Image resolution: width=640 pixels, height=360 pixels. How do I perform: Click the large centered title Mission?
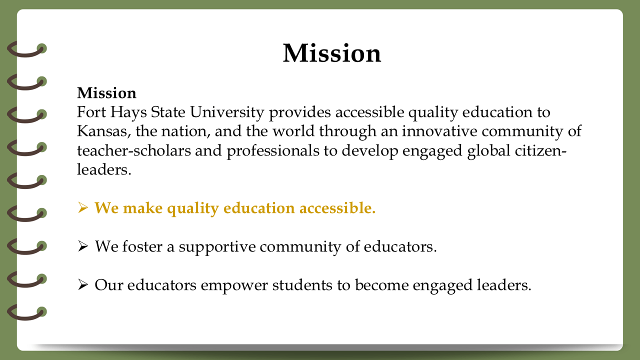[x=332, y=53]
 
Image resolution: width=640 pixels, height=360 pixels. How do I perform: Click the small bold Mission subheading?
[x=106, y=93]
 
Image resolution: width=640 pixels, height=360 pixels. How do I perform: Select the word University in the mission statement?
[x=227, y=112]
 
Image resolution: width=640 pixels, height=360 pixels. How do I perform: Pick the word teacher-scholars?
[x=134, y=150]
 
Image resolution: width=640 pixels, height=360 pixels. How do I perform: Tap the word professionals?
[x=273, y=151]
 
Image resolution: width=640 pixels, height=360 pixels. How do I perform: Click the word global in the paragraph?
[x=488, y=151]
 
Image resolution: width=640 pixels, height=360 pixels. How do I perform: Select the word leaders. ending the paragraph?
[x=104, y=169]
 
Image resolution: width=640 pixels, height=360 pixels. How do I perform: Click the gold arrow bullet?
[x=82, y=207]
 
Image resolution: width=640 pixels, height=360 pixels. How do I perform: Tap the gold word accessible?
[x=337, y=207]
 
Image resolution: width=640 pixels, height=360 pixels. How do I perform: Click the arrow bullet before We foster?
[x=82, y=246]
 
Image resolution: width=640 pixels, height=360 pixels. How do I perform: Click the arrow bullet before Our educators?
[x=82, y=285]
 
